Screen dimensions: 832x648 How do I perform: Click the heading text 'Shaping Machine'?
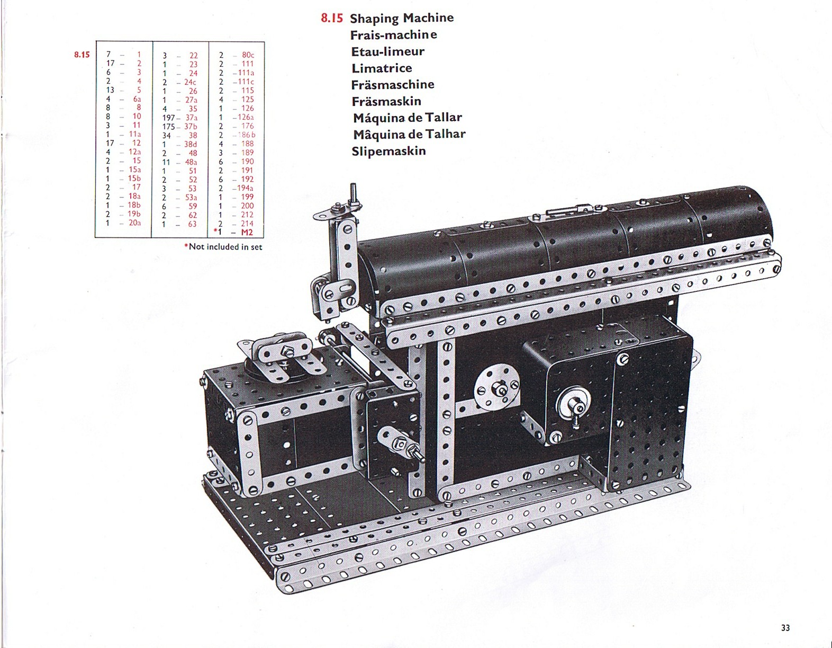[x=402, y=18]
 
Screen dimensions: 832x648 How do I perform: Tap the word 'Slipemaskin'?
[x=388, y=151]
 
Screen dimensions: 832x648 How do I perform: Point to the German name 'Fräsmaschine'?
[x=393, y=85]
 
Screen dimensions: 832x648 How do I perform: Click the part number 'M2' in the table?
[x=247, y=232]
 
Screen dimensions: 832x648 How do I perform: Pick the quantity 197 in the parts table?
[x=168, y=118]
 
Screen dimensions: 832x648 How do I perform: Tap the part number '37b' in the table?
[x=191, y=127]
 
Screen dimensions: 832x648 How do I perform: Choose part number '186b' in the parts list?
[x=247, y=135]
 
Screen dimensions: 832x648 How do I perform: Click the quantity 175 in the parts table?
[x=168, y=127]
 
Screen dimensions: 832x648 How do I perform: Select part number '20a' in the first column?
[x=135, y=223]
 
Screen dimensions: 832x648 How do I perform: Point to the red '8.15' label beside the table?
[x=82, y=55]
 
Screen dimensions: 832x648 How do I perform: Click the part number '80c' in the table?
[x=248, y=55]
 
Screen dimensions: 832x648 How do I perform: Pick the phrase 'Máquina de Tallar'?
[x=408, y=118]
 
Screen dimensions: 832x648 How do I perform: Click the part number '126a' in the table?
[x=246, y=117]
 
